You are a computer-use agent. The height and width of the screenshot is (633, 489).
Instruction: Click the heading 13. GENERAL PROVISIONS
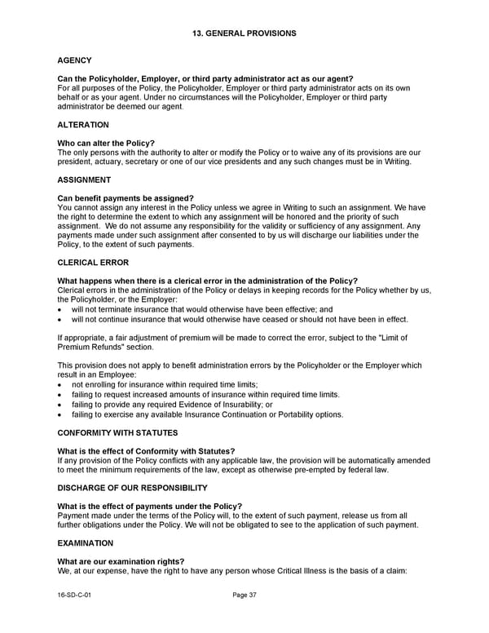[244, 33]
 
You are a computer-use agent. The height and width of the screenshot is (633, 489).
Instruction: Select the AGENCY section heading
[74, 60]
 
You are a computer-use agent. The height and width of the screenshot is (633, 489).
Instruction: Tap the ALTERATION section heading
[83, 125]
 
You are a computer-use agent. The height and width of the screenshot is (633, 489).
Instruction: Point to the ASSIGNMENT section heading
[84, 179]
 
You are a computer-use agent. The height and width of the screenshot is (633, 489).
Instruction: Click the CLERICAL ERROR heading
[90, 262]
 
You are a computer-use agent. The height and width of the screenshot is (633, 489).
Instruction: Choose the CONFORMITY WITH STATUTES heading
[118, 432]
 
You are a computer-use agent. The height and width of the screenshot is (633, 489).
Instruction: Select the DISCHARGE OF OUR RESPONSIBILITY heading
[132, 488]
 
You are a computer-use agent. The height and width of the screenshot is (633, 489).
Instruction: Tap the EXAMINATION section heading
[85, 542]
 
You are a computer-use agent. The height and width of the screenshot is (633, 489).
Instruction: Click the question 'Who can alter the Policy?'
[106, 144]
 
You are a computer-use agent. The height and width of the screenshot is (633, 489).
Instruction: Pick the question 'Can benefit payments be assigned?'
[126, 198]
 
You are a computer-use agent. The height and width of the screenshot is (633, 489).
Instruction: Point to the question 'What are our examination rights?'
[121, 561]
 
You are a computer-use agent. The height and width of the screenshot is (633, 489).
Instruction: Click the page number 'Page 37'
[244, 595]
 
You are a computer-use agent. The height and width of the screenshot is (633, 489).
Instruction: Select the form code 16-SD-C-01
[76, 595]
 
